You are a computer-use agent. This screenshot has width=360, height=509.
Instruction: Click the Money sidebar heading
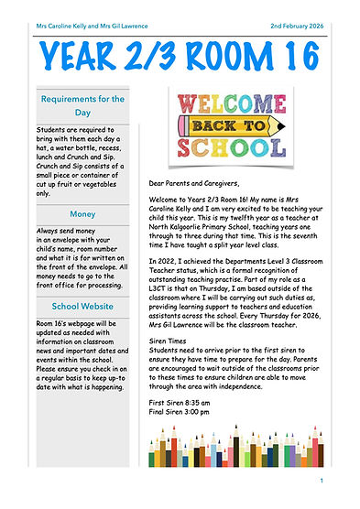[82, 214]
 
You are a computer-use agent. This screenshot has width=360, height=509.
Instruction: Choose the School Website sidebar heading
[82, 306]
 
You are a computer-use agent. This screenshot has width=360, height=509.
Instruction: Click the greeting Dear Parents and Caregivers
[202, 183]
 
